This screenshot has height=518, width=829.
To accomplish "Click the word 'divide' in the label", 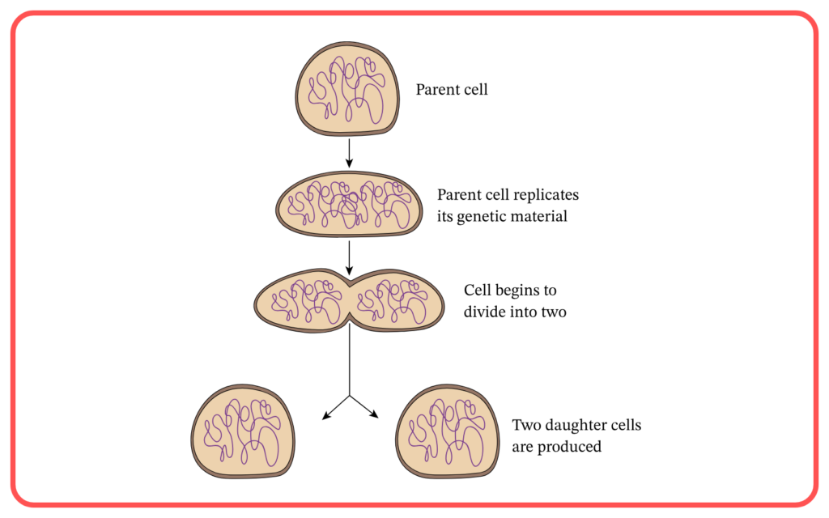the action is coord(483,312).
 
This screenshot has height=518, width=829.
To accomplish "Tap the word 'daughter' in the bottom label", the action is coord(575,426).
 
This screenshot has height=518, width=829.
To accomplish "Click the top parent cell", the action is coord(347,89).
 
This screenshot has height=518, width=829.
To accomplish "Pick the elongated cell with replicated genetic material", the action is coord(349,204).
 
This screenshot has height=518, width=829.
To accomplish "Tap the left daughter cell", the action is coord(243,431).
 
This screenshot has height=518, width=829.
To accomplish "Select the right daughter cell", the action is coord(447,431).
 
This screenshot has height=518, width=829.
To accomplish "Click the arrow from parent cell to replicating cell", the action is coord(349,153).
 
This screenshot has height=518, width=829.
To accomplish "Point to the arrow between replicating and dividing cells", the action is coord(349,258).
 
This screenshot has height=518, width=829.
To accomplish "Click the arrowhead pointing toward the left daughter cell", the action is coord(326,416).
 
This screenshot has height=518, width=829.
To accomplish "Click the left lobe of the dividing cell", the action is coord(302,301).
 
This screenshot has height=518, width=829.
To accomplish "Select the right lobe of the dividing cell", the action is coord(397,301).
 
